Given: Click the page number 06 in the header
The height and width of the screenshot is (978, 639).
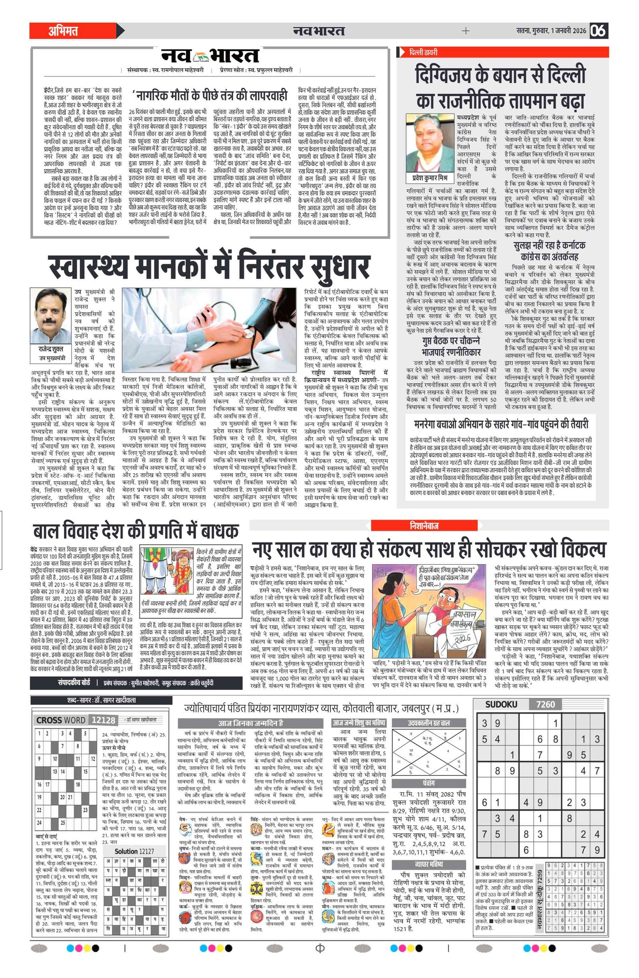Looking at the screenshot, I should (599, 31).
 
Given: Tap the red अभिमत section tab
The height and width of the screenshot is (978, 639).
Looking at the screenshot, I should (64, 31).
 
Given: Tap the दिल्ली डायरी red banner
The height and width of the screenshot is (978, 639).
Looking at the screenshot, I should (423, 52).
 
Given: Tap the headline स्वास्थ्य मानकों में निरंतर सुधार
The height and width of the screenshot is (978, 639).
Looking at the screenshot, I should (209, 267).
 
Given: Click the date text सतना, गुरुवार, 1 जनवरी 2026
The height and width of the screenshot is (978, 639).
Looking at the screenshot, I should (551, 31).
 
